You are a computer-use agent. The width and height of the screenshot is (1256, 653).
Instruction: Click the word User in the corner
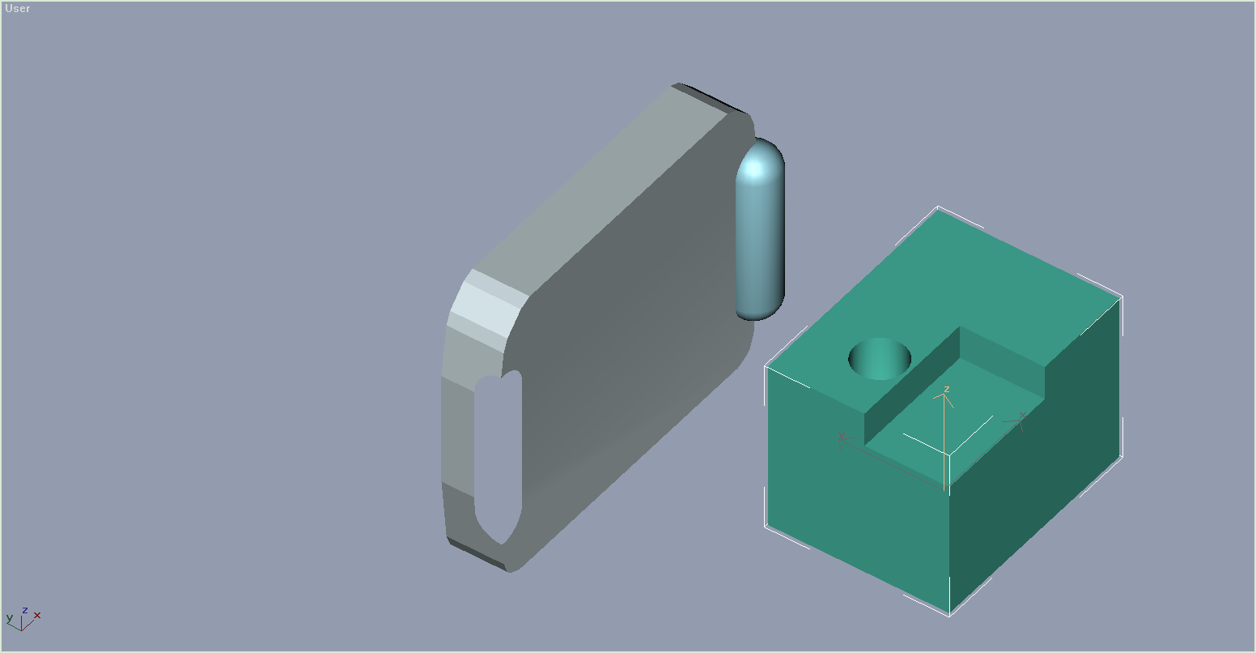(x=17, y=8)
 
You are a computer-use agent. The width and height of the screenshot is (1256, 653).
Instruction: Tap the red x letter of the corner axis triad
(x=37, y=616)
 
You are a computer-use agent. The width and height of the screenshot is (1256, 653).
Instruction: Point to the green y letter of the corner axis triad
(x=10, y=618)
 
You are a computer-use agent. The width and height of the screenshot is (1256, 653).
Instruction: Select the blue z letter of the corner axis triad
(x=24, y=610)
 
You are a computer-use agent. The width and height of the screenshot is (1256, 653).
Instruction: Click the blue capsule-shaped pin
(x=760, y=229)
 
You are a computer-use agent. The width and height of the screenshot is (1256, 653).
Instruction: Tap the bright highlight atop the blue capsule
(x=755, y=169)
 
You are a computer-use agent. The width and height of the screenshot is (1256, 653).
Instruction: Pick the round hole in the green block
(x=879, y=359)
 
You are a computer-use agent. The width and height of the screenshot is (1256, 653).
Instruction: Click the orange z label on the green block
(x=947, y=389)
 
